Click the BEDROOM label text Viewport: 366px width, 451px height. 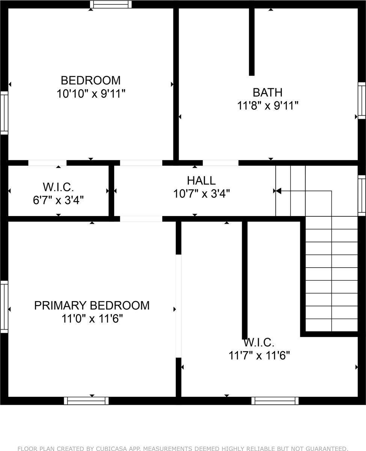coord(91,80)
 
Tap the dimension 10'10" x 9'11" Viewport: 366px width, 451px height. coord(91,94)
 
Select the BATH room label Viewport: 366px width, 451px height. coord(267,92)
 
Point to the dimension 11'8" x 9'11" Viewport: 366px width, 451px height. coord(268,106)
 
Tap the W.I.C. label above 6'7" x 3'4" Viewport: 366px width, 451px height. coord(58,186)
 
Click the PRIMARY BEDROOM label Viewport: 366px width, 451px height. coord(92,306)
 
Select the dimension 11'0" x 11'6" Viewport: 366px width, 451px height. coord(92,319)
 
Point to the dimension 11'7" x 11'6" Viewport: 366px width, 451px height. coord(259,355)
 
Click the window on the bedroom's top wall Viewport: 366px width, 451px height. coord(111,5)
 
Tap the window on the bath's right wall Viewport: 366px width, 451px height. coord(361,100)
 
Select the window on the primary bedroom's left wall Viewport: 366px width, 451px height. coord(4,306)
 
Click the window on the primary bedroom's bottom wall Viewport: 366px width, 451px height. coord(86,401)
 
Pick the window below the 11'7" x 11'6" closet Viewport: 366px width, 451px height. coord(275,401)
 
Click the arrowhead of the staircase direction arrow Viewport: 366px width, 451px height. coord(278,191)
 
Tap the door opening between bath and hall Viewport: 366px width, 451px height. coord(220,163)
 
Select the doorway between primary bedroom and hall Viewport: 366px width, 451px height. coord(141,219)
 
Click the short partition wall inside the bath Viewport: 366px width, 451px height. coord(252,41)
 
